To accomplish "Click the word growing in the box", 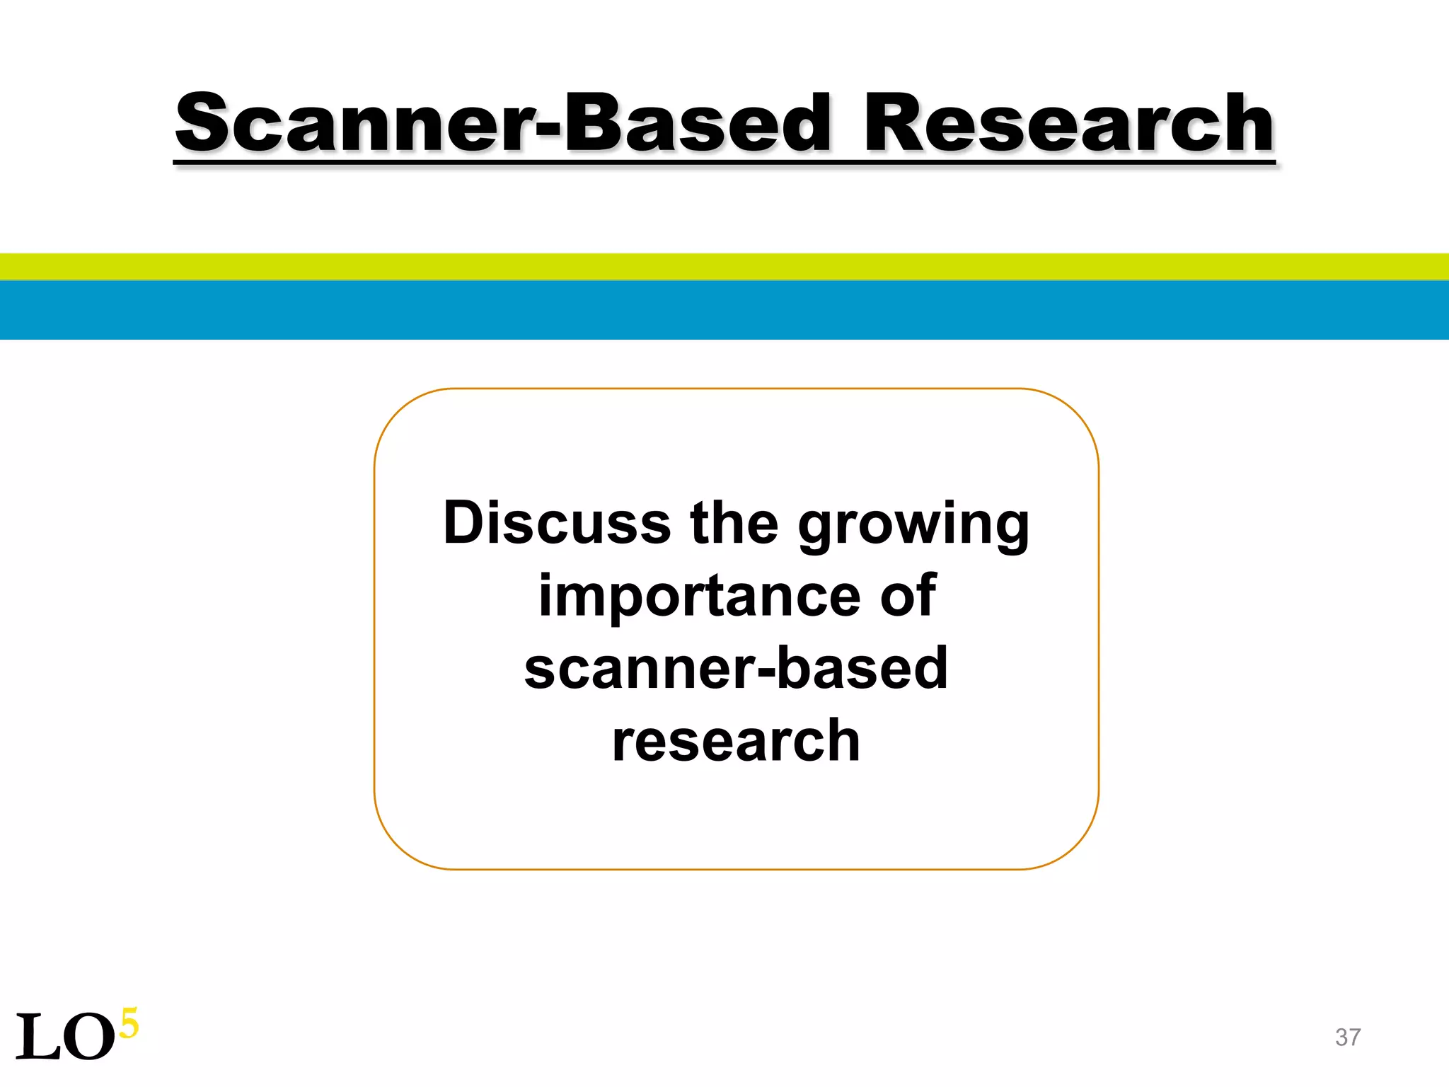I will coord(913,527).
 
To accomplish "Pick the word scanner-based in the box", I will coord(736,669).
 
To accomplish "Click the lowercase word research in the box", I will coord(736,742).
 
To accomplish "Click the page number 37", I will coord(1348,1037).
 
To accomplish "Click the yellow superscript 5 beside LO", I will coord(129,1023).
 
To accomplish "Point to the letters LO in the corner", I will coord(65,1037).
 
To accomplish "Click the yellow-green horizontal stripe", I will coord(724,267).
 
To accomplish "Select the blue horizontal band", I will coord(724,310).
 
